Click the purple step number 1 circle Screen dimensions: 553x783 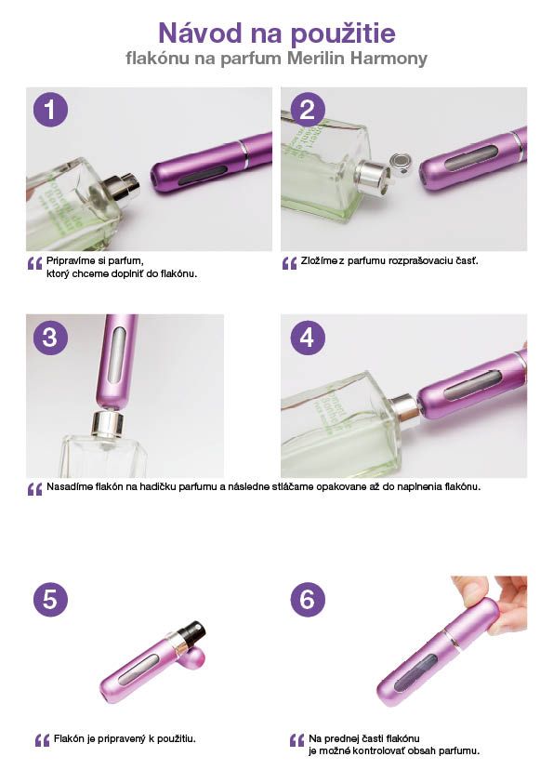tap(50, 110)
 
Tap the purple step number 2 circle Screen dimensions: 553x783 tap(308, 110)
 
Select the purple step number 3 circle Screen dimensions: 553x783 tap(50, 338)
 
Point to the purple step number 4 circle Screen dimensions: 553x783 tap(308, 338)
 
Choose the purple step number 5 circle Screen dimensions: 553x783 tap(50, 599)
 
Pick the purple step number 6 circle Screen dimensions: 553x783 tap(308, 599)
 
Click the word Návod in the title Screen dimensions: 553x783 tap(200, 33)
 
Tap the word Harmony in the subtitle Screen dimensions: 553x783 tap(388, 59)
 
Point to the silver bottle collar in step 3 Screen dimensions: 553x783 tap(107, 423)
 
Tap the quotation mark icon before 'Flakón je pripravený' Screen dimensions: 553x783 tap(43, 740)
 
